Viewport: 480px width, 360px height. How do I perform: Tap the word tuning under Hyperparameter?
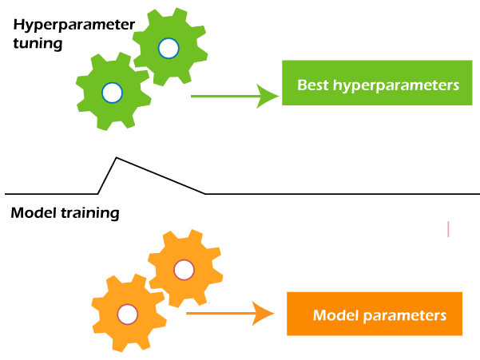coord(37,43)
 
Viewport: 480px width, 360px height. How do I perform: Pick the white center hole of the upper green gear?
coord(168,49)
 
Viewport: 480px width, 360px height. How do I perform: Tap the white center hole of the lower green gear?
coord(113,93)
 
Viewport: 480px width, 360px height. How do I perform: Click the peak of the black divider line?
coord(117,157)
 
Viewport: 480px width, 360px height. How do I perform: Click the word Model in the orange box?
coord(332,315)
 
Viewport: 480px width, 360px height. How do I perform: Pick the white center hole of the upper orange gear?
coord(184,270)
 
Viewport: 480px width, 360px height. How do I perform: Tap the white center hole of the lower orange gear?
coord(126,313)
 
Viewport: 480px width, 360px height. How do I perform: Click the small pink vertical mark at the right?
coord(448,229)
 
